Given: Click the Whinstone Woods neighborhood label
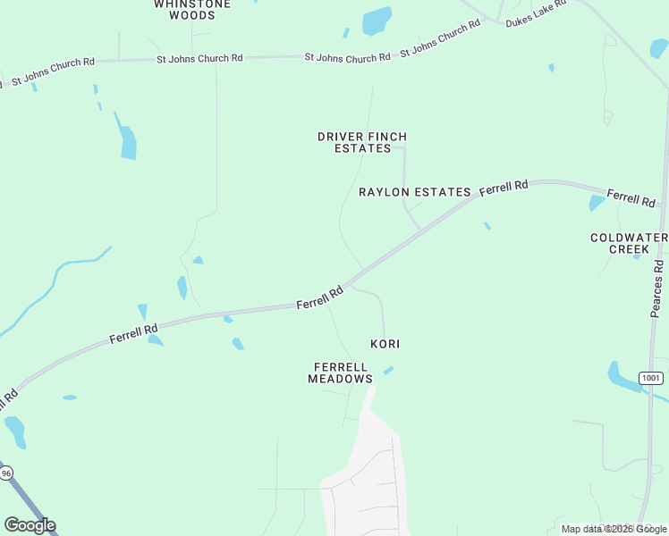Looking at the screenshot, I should point(191,10).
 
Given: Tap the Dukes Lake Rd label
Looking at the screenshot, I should point(537,14).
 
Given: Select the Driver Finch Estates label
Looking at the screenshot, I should point(362,143).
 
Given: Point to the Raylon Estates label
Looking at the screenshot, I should point(414,192).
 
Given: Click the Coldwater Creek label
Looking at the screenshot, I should point(629,243).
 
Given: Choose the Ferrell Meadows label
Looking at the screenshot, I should point(340,373).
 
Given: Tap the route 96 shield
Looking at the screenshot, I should point(6,473).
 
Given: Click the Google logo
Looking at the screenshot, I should point(30,525).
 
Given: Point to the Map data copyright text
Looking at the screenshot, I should point(614,529).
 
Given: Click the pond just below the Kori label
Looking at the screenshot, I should point(388,370).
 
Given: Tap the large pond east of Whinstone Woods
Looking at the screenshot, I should point(377,21).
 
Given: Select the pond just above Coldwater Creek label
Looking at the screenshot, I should point(597,203).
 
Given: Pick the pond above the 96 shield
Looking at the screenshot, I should point(15,431).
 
